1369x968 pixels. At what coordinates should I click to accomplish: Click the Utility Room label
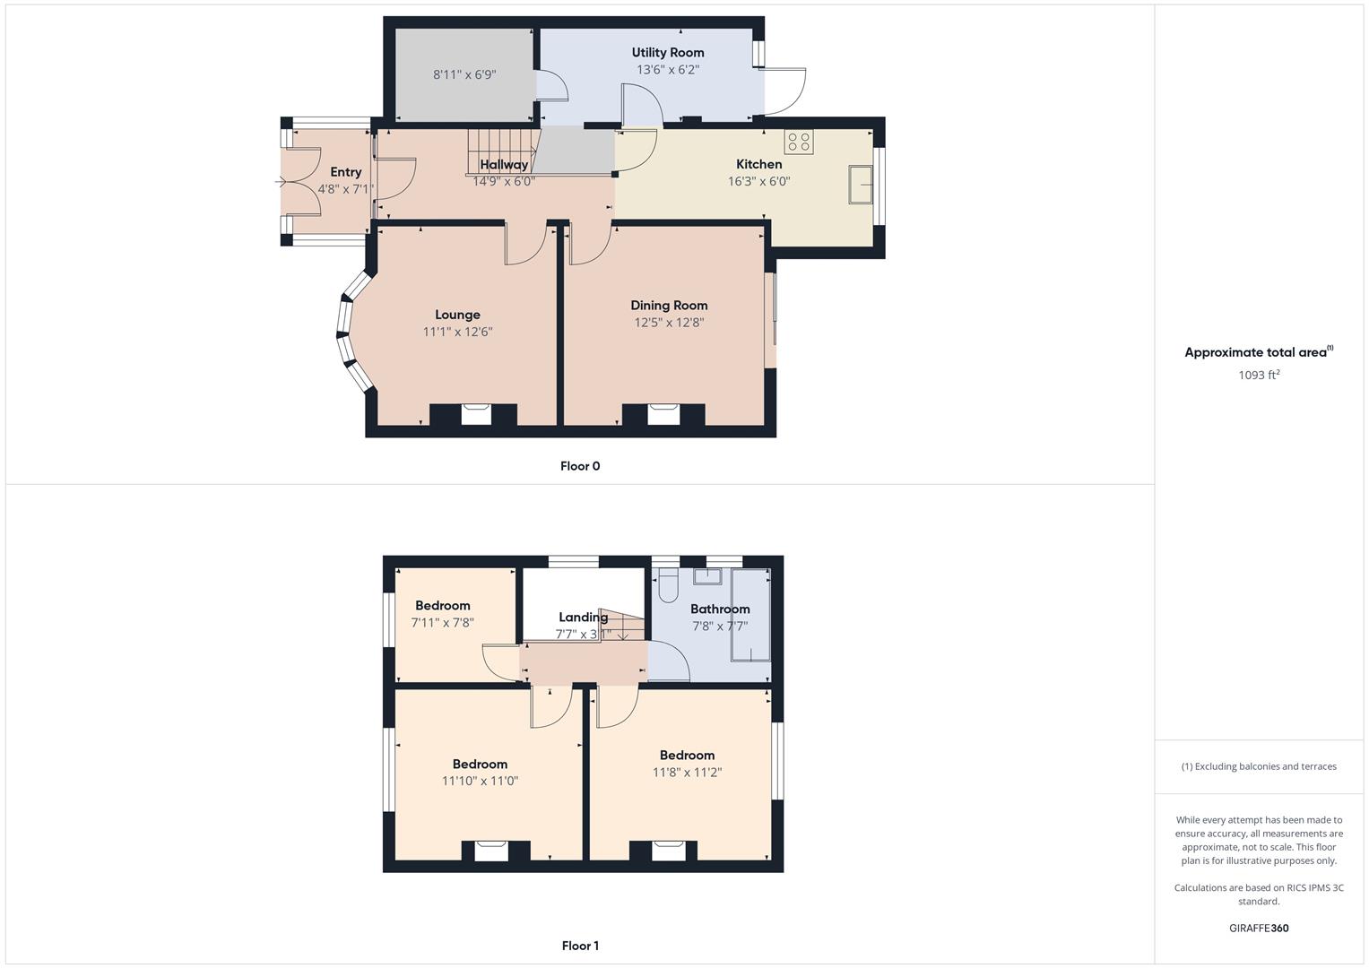click(667, 53)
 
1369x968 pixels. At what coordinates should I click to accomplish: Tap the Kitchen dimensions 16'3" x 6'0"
click(759, 181)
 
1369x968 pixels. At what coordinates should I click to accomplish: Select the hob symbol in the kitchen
click(799, 142)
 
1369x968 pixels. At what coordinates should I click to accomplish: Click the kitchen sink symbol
click(861, 184)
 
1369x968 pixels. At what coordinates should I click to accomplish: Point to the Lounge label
click(457, 315)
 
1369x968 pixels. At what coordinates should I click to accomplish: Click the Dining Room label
click(669, 305)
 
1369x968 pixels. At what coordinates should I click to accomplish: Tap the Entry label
click(346, 172)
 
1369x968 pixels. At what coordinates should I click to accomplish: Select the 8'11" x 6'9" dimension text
click(464, 74)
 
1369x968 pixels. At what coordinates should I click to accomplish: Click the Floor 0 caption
click(580, 466)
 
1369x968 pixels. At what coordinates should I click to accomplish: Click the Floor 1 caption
click(580, 946)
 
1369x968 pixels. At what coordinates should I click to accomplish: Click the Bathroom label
click(720, 609)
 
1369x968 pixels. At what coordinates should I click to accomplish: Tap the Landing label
click(584, 618)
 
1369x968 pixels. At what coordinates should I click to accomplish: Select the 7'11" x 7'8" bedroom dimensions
click(443, 623)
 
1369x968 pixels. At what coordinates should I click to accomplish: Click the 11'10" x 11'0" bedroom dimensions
click(480, 781)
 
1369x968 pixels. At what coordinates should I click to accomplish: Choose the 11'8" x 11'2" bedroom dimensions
click(687, 772)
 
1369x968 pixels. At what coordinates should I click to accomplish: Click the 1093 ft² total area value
click(1259, 374)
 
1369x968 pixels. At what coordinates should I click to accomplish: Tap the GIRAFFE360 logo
click(1259, 928)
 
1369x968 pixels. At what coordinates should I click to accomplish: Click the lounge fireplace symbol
click(476, 414)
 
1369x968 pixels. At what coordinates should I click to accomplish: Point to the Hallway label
click(504, 164)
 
